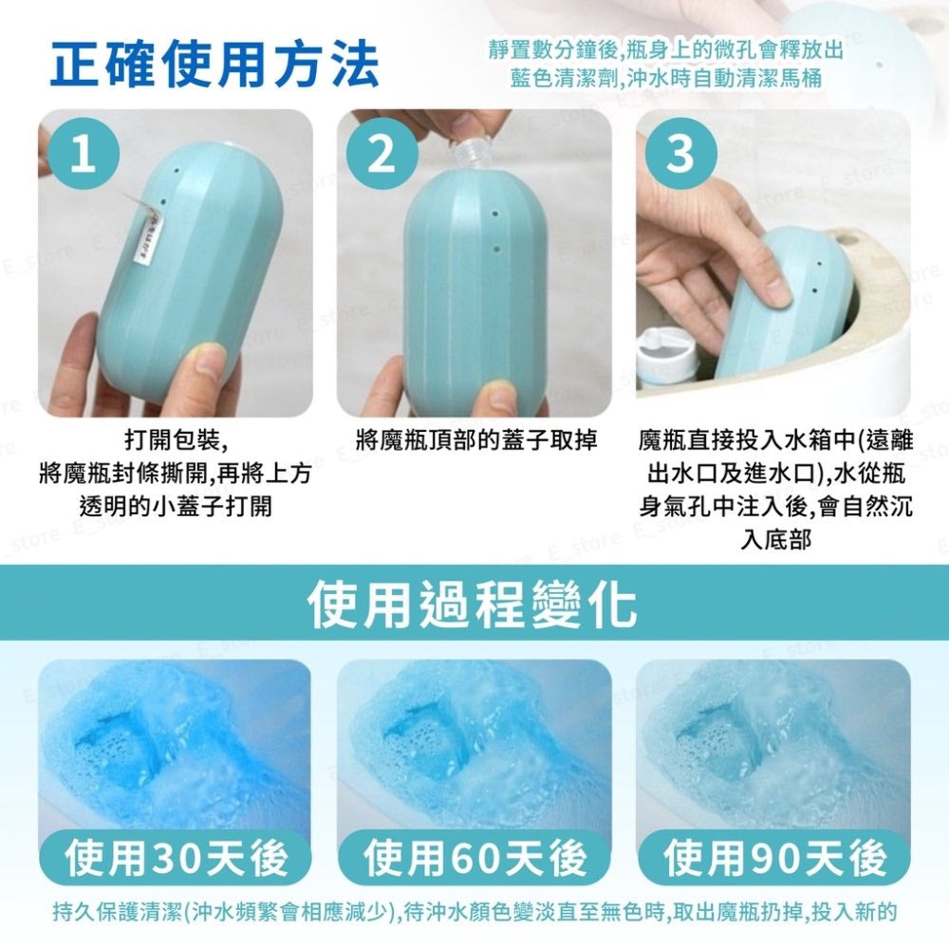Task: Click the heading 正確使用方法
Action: (214, 63)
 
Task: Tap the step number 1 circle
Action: (84, 154)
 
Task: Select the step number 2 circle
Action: (381, 154)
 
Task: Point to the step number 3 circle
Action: (680, 154)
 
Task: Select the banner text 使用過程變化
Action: (473, 604)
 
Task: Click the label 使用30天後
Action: (176, 858)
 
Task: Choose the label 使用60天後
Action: (475, 858)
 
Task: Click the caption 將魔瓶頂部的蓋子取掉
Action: (476, 440)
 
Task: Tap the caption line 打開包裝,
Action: (177, 440)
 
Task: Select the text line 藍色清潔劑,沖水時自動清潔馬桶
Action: (666, 79)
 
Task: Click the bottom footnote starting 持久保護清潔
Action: (474, 911)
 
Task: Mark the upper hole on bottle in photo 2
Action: (495, 214)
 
